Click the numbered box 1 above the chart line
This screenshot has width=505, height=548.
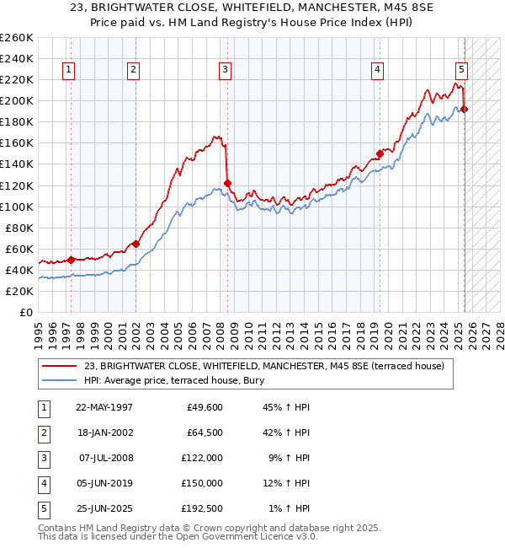click(68, 70)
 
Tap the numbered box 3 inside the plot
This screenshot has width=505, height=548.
click(226, 70)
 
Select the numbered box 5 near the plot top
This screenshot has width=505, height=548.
click(462, 70)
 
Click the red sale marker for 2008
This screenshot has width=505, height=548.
click(228, 183)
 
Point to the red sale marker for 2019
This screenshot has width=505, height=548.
click(380, 153)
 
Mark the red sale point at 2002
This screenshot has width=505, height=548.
click(136, 244)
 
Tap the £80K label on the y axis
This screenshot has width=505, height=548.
click(19, 228)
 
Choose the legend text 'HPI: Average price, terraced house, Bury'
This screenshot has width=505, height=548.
click(174, 381)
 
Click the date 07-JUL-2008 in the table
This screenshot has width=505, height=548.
click(106, 458)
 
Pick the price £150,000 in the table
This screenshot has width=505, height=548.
click(203, 483)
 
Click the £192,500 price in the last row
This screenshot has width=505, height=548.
click(203, 508)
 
